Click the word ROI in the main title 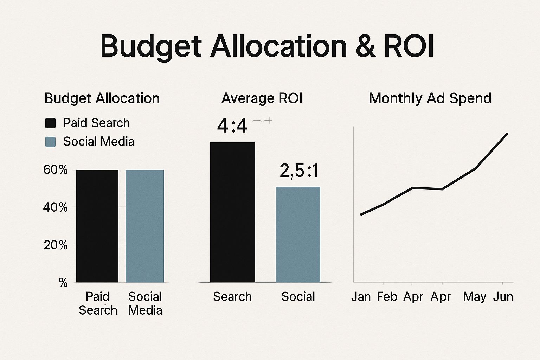(409, 46)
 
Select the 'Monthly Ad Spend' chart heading (430, 98)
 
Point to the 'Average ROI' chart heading (262, 98)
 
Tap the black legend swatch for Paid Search (51, 123)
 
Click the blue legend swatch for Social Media (51, 142)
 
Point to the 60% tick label (56, 170)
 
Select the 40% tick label (56, 207)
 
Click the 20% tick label (56, 245)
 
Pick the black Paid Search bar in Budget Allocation (97, 226)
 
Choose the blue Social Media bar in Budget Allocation (145, 226)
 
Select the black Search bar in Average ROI (233, 212)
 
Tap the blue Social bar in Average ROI (298, 234)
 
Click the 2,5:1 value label (299, 171)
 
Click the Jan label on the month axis (361, 297)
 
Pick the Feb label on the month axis (387, 297)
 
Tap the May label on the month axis (475, 297)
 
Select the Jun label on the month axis (503, 297)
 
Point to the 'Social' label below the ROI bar (298, 297)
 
